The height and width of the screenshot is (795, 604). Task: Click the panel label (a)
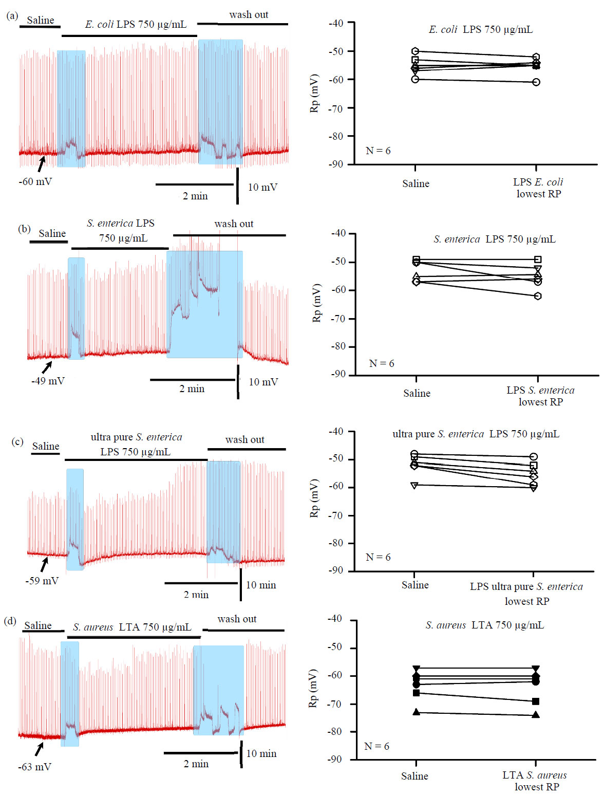click(x=12, y=16)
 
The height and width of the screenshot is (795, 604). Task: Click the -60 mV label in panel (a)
click(x=35, y=181)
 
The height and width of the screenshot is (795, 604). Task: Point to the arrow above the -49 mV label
click(x=47, y=367)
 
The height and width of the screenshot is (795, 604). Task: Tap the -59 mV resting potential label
click(x=42, y=581)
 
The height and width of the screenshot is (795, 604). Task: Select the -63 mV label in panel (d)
click(x=34, y=767)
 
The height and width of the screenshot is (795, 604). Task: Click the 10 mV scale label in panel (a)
click(x=262, y=187)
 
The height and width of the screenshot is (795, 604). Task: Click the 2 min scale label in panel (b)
click(x=192, y=389)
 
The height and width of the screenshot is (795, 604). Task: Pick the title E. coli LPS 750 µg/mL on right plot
click(x=480, y=29)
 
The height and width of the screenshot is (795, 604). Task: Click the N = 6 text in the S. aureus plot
click(x=376, y=746)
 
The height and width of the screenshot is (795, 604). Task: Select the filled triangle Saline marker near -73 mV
click(x=417, y=712)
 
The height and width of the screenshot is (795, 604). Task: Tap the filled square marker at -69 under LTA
click(x=536, y=701)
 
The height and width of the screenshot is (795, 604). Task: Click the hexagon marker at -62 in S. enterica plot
click(x=538, y=296)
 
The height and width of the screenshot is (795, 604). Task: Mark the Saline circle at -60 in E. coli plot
click(x=415, y=79)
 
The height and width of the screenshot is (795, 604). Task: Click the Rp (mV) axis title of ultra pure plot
click(x=314, y=498)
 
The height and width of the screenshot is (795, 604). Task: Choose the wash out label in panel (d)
click(x=237, y=619)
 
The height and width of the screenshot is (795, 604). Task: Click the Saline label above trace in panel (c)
click(x=46, y=446)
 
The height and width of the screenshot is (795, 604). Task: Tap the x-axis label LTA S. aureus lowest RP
click(x=536, y=781)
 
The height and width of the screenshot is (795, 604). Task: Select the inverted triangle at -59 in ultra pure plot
click(x=414, y=485)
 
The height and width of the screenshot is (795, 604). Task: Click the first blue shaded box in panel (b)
click(x=76, y=308)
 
